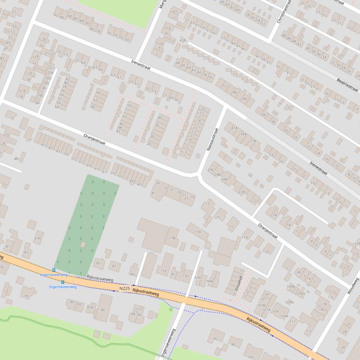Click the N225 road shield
click(125, 289)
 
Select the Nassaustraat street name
click(212, 140)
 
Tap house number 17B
click(173, 238)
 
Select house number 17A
click(198, 231)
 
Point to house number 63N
click(183, 41)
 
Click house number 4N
click(16, 158)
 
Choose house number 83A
click(37, 238)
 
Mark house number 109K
click(291, 287)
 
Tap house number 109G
click(301, 294)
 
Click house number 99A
click(210, 281)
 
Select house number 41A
click(234, 127)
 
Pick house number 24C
click(211, 169)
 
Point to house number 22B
click(242, 192)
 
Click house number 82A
click(90, 307)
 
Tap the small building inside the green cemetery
click(83, 245)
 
